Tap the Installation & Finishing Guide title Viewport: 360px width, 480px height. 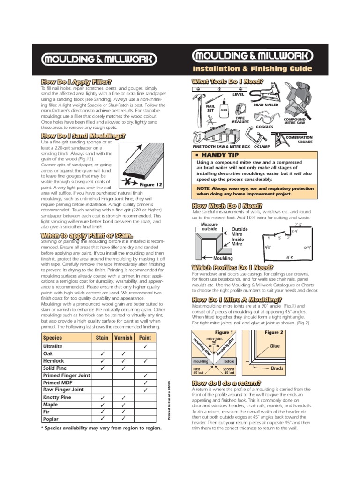(252, 69)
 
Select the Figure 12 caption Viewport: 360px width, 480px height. (147, 185)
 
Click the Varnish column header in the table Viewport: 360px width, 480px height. (124, 337)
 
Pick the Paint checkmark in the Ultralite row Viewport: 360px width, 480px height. (146, 346)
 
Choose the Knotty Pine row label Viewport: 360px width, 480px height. (57, 397)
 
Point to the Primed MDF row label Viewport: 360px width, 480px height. (58, 382)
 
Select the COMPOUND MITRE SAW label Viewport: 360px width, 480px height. (294, 121)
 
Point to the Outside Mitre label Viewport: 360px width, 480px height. (240, 232)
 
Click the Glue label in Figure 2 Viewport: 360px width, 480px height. (275, 346)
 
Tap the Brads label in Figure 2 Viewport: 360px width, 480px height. (277, 368)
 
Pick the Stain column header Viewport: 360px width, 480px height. (102, 337)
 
